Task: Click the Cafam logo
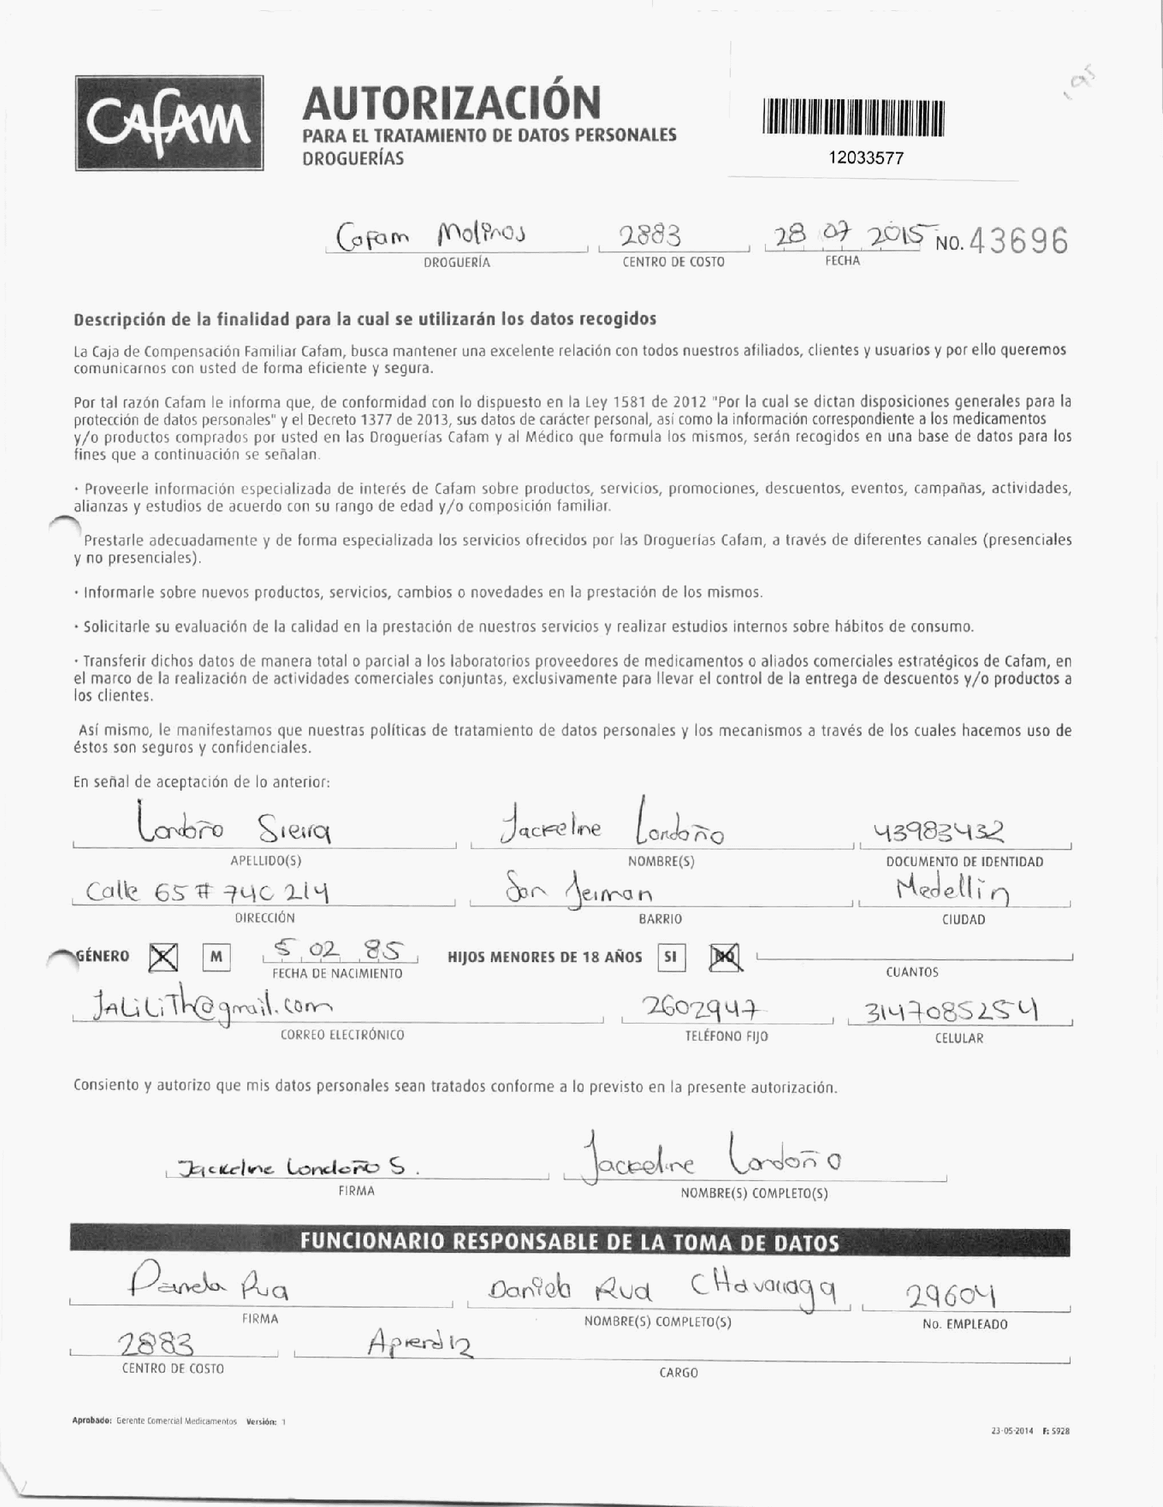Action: (169, 123)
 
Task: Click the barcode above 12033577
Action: (853, 117)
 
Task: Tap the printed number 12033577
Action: (866, 158)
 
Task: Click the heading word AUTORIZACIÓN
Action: (451, 102)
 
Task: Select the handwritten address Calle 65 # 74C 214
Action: (207, 894)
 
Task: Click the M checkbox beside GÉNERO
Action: (216, 957)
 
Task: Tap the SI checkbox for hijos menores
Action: (671, 958)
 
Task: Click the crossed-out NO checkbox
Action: (725, 957)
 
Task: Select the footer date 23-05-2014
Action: (1012, 1432)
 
